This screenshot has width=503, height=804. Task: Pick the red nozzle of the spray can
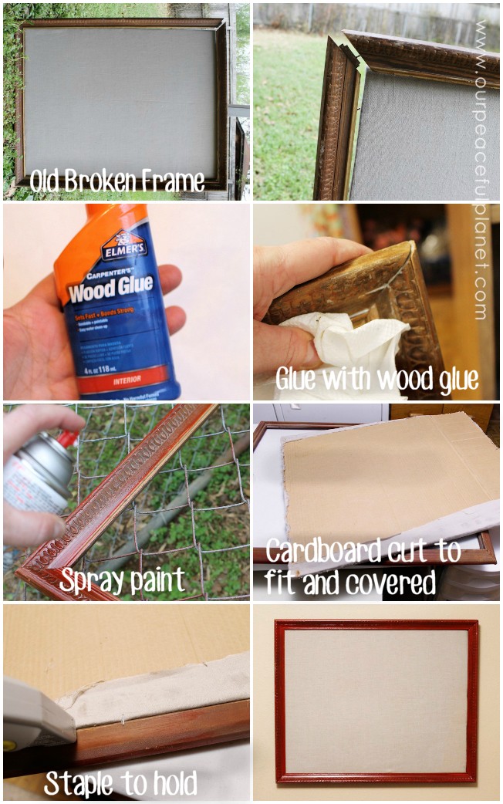pos(68,439)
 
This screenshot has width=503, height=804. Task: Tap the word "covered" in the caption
pos(394,583)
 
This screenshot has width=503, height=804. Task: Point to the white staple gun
pos(35,714)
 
